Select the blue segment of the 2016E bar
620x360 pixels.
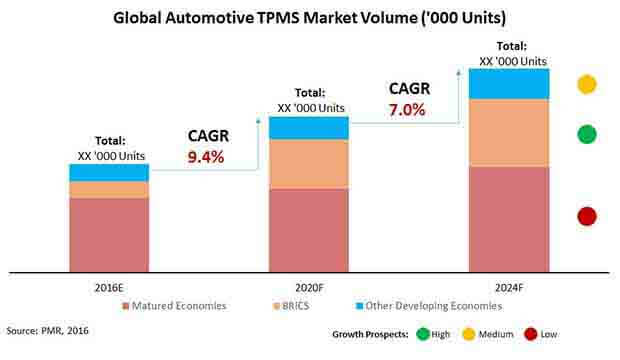pos(109,172)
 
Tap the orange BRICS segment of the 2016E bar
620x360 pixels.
pos(109,189)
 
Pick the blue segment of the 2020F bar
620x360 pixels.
pos(309,127)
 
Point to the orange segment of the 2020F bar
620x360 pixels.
pos(309,163)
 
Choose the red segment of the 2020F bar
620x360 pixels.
pos(309,229)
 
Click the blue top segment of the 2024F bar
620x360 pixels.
pos(509,83)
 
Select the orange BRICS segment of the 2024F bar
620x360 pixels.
pos(509,133)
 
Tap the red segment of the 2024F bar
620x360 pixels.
pos(509,218)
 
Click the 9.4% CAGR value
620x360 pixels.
pos(206,157)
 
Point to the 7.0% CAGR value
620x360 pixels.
pos(407,109)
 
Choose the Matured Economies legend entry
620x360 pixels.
pos(179,305)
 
